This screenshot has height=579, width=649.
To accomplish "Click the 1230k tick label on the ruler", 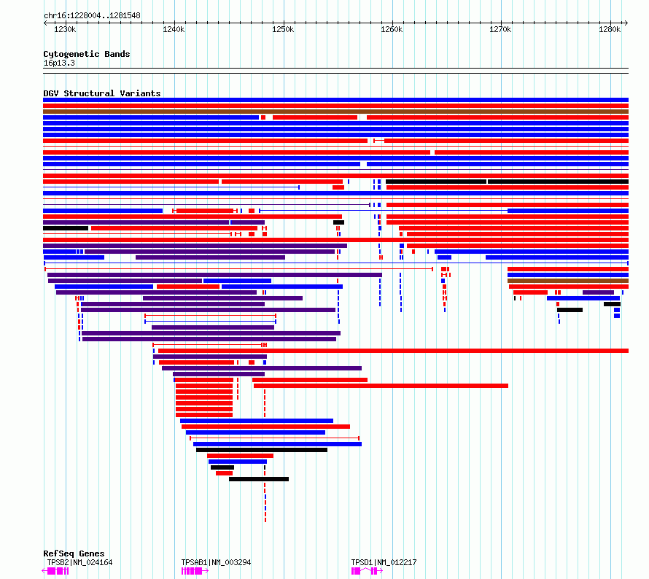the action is pos(65,29).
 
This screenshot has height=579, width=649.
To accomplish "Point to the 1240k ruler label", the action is pos(174,29).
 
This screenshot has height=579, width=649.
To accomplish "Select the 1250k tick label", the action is pos(283,29).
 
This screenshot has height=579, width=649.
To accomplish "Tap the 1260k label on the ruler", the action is pos(392,29).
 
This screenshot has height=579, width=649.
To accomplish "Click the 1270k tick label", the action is pos(500,29).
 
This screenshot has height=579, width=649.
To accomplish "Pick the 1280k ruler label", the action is pos(610,29).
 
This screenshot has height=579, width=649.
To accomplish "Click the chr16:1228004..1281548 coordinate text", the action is pos(93,16).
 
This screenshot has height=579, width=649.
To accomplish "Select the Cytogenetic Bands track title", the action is pos(87,54).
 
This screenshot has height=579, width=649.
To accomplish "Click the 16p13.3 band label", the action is pos(59,63).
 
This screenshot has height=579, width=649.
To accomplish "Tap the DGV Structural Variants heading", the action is pos(102,93).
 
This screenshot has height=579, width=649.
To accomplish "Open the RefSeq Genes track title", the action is pos(74,553).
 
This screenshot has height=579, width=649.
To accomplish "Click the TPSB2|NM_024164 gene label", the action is pos(79,562).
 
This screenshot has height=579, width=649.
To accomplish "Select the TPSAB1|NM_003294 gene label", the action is pos(216,562).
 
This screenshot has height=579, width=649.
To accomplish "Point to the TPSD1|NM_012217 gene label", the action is pos(384,562).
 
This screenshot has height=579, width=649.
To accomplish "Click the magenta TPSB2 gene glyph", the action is pos(55,571).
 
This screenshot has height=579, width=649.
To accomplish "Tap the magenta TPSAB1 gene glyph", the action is pos(195,571).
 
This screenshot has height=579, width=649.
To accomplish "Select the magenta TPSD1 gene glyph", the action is pos(367,571).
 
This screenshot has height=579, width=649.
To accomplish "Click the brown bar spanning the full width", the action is pos(335,112).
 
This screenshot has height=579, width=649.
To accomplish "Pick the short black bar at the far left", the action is pos(66,228).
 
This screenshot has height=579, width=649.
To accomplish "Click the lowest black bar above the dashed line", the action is pos(259,479).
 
